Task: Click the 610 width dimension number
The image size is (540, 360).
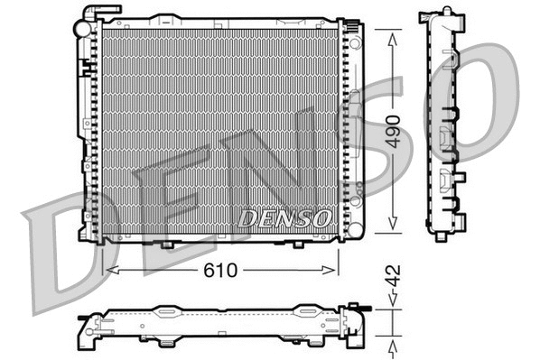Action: pos(222,269)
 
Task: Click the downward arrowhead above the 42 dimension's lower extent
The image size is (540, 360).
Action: pos(391,304)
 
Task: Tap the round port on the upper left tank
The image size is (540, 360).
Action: pos(83,30)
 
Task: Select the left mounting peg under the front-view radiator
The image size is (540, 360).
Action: pos(169,245)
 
